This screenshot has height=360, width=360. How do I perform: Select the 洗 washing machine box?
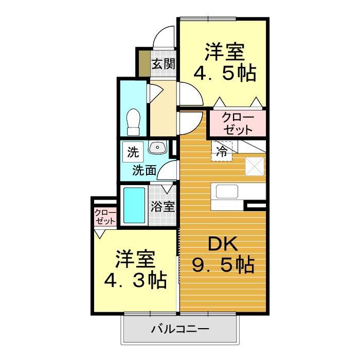tap(133, 152)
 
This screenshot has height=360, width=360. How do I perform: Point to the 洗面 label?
tap(143, 170)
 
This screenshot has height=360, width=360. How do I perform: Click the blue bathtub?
tap(134, 205)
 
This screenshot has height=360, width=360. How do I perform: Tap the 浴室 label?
tap(163, 206)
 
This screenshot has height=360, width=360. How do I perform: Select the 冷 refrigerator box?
tap(221, 151)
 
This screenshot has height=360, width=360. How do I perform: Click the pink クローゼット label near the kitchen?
tap(237, 123)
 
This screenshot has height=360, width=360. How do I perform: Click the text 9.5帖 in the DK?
tap(223, 265)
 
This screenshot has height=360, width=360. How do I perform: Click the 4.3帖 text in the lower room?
tap(135, 280)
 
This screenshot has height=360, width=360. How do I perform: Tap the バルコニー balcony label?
tap(179, 329)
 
